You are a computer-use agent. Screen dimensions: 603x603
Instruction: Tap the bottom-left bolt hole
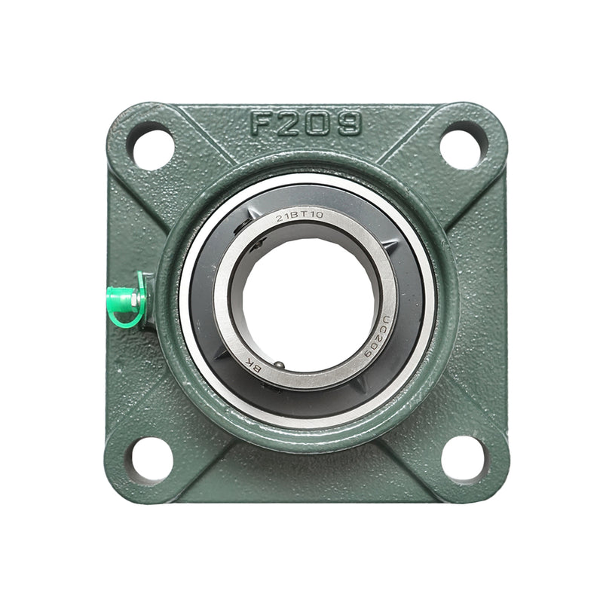(x=152, y=457)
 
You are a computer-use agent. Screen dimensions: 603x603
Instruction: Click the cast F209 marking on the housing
(x=305, y=124)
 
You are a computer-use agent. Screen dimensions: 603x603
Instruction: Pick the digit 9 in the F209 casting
(x=348, y=124)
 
